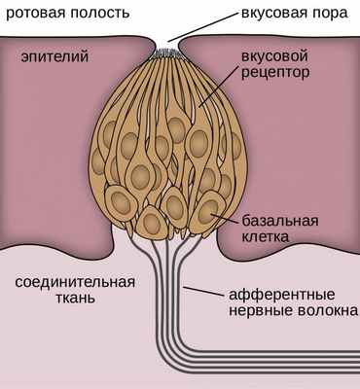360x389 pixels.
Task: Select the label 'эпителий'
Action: pyautogui.click(x=47, y=58)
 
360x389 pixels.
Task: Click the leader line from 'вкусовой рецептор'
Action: pyautogui.click(x=217, y=88)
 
